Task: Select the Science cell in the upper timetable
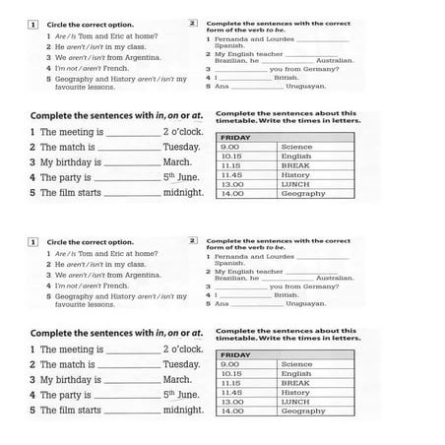296,147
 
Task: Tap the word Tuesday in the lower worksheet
181,364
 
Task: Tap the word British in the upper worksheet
286,77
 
